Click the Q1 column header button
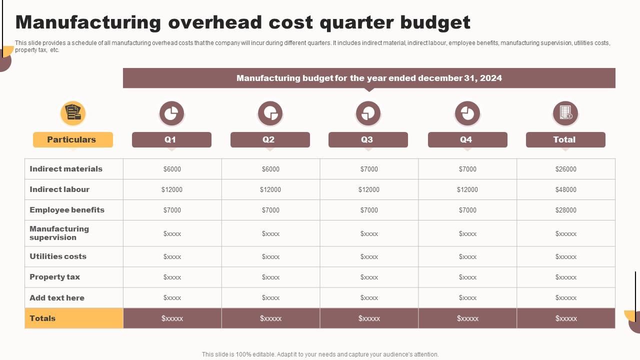pos(171,140)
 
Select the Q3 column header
pos(368,140)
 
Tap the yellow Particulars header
pos(73,140)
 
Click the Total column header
pos(565,140)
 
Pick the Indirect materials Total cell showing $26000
pos(565,169)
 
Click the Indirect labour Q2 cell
pos(270,190)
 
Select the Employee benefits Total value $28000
pos(565,210)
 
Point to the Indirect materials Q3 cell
pos(369,169)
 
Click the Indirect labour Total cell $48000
pos(565,190)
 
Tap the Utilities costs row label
pos(58,256)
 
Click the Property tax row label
pos(55,277)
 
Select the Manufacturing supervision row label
pos(59,233)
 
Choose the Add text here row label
pos(57,298)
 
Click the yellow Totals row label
pos(42,318)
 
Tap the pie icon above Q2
pos(270,113)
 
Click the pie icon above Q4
pos(467,113)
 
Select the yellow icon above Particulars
pos(73,113)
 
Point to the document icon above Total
pos(565,113)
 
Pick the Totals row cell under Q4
pos(467,318)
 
